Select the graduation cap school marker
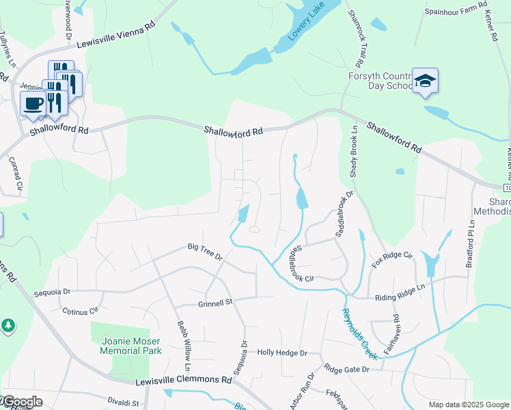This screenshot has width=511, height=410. click(x=425, y=82)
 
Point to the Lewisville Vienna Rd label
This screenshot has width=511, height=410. click(x=116, y=35)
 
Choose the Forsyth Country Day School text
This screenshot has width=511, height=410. click(x=381, y=81)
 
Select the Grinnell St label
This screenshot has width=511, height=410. click(x=216, y=302)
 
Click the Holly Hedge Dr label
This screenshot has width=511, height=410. click(x=282, y=353)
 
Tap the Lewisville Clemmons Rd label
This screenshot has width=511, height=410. click(x=184, y=380)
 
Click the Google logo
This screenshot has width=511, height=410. click(x=22, y=402)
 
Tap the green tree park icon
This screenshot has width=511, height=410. click(x=8, y=326)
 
